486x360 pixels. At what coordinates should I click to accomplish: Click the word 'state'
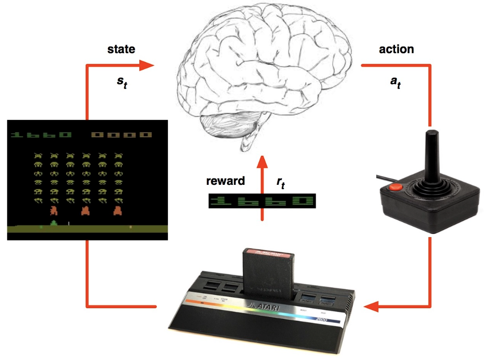click(x=121, y=49)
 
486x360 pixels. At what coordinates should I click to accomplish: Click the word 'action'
click(x=396, y=49)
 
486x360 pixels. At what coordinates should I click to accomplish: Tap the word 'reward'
click(x=225, y=181)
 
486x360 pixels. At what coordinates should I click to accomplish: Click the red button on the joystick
click(x=395, y=186)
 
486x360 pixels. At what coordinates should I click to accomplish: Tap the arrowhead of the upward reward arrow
click(x=262, y=162)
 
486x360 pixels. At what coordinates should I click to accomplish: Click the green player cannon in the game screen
click(x=53, y=223)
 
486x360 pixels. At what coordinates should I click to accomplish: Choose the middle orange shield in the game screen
click(x=86, y=211)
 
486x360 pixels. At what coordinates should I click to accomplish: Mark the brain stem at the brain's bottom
click(x=248, y=140)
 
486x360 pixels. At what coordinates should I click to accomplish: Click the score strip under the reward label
click(x=262, y=201)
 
